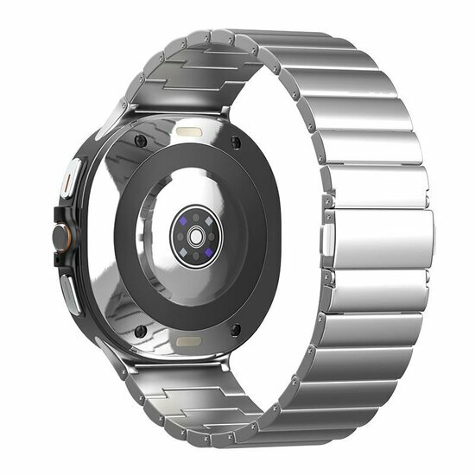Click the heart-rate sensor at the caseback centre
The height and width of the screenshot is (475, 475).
196,236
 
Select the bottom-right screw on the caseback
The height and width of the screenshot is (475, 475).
235,328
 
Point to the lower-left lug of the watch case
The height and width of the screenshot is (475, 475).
112,352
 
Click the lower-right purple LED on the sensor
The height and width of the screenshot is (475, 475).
209,250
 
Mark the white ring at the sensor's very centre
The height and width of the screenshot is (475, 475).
196,237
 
